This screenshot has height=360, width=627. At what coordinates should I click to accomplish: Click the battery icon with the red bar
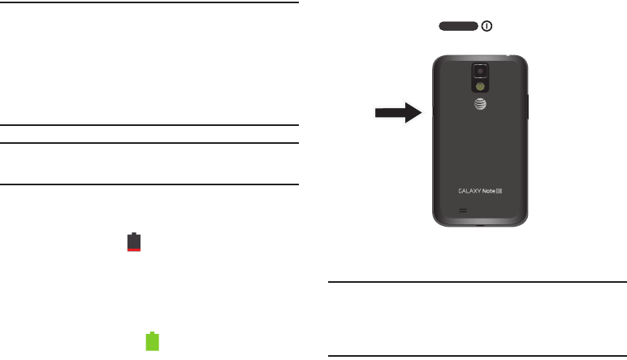click(x=135, y=242)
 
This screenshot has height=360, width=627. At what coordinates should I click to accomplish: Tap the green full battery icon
click(x=151, y=341)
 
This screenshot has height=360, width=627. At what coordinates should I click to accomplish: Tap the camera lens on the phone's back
click(x=480, y=71)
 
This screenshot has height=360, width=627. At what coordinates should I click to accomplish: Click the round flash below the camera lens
click(x=480, y=85)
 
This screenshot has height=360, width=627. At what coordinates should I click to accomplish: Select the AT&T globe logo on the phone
click(x=480, y=104)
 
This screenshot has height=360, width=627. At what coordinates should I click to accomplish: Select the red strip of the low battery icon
click(x=135, y=249)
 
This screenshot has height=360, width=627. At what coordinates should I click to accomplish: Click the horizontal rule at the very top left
click(x=149, y=3)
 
